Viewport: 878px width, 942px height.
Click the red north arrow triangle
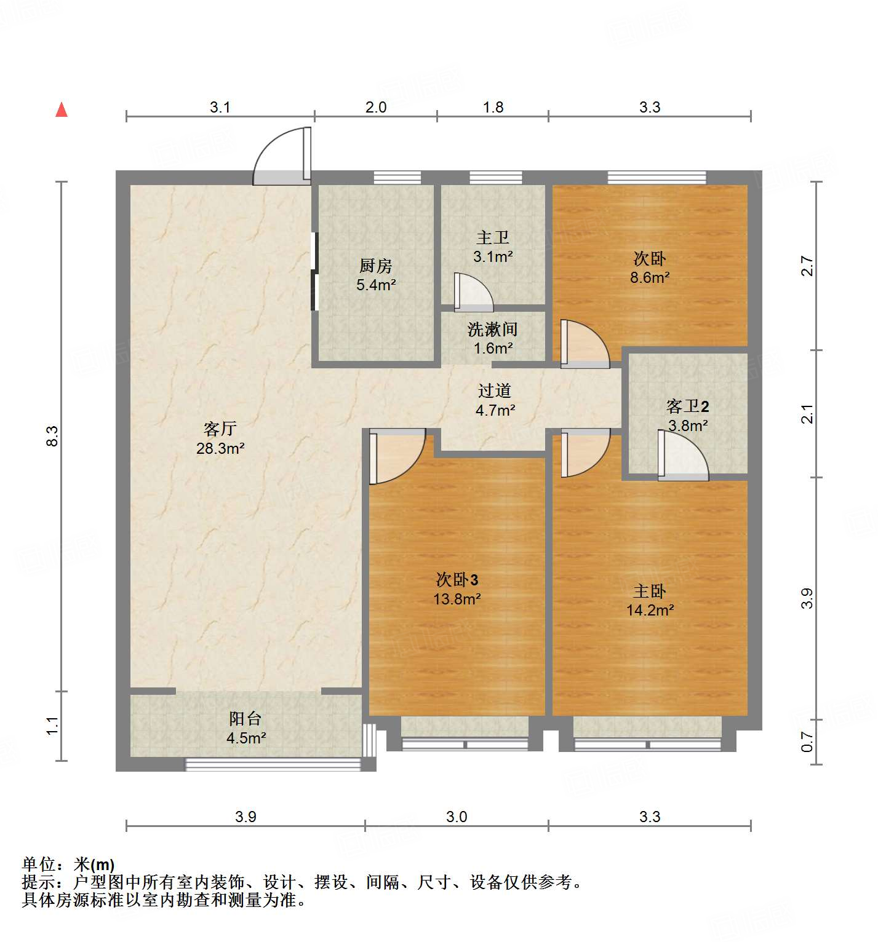[62, 110]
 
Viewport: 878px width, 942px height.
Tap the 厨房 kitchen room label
[375, 266]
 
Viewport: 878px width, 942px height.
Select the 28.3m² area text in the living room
[220, 448]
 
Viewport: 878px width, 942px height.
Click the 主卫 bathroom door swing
[473, 292]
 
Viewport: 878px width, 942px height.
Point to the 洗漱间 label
[492, 330]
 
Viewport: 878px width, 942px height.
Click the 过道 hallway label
[495, 390]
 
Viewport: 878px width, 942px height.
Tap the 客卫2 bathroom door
[682, 456]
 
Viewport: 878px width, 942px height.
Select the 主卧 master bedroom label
[650, 591]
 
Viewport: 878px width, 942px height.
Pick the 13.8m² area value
[457, 598]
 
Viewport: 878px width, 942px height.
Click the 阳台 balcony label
[245, 718]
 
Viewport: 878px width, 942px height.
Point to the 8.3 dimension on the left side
[53, 436]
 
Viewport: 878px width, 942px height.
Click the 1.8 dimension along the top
[493, 108]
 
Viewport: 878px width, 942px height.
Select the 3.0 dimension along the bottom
[457, 817]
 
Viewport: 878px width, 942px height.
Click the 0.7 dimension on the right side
[807, 742]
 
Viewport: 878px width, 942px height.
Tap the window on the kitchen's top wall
[397, 178]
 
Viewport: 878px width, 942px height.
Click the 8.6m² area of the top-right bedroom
[650, 277]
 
